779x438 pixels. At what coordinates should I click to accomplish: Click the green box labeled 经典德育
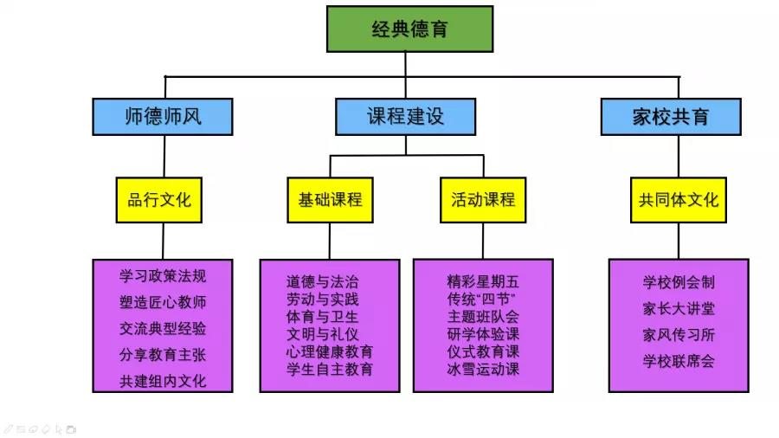[x=409, y=29]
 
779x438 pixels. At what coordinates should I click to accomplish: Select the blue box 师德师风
[x=163, y=117]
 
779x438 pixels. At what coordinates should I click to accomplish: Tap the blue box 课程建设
[x=405, y=117]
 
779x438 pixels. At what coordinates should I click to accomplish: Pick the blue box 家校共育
[x=671, y=117]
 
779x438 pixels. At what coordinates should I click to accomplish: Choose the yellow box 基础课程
[x=330, y=200]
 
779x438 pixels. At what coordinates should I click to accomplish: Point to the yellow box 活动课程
[x=483, y=200]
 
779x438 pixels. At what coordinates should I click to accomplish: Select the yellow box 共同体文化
[x=679, y=200]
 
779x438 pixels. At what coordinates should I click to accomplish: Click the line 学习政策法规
[x=163, y=277]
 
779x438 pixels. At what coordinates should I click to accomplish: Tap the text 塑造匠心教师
[x=163, y=303]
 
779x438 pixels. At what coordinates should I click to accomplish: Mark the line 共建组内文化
[x=163, y=381]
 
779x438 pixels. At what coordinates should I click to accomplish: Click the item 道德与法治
[x=322, y=282]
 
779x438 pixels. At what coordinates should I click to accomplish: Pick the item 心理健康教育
[x=330, y=352]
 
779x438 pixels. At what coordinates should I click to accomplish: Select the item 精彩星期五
[x=483, y=281]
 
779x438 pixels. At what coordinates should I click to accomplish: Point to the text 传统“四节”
[x=483, y=300]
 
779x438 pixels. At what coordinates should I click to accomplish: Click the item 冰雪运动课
[x=483, y=370]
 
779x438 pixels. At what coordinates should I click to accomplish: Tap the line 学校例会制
[x=679, y=282]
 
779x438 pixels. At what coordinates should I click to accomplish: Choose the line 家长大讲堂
[x=679, y=309]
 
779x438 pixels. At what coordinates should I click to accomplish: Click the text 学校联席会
[x=679, y=361]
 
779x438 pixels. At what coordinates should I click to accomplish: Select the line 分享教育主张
[x=163, y=355]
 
